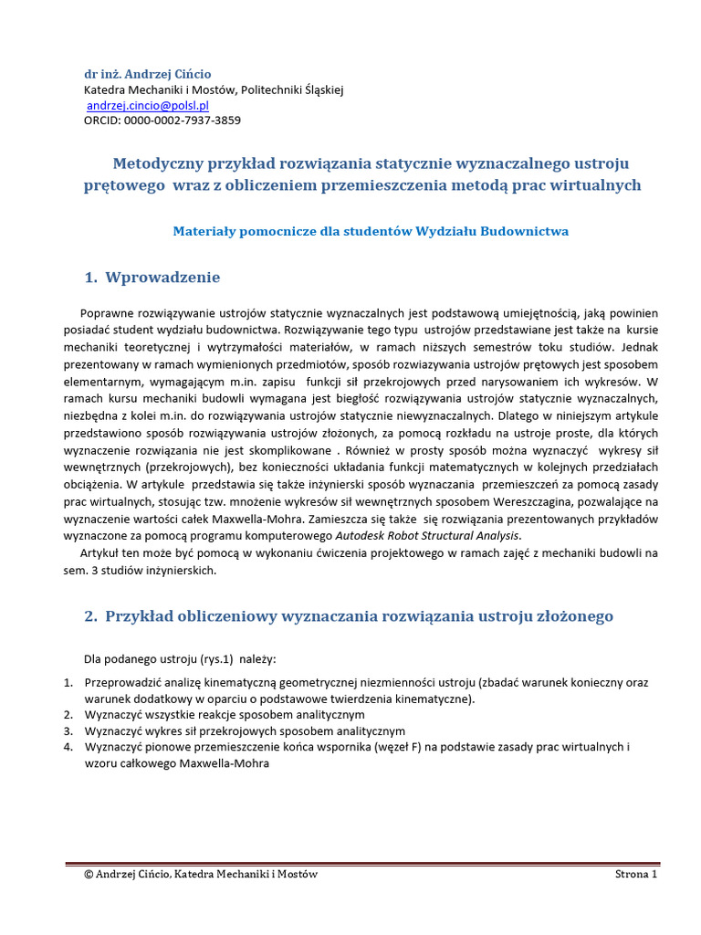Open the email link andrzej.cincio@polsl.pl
[148, 105]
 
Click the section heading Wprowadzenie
[162, 278]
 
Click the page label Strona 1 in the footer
[636, 874]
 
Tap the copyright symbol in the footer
[89, 874]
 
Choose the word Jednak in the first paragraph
[639, 347]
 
